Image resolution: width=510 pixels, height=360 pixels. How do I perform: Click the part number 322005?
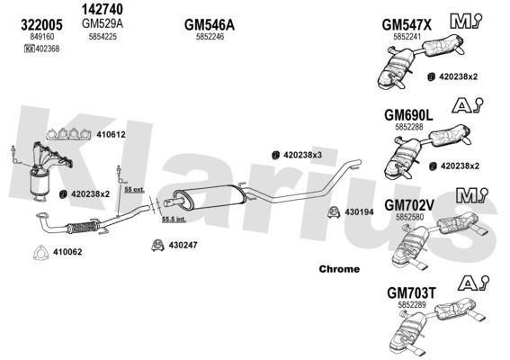(41, 25)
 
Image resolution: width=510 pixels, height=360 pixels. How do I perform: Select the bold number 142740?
(103, 9)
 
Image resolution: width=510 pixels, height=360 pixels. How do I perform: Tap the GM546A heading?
(210, 25)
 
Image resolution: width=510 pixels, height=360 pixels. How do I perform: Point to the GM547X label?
(407, 25)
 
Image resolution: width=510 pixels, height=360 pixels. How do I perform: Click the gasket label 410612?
(111, 134)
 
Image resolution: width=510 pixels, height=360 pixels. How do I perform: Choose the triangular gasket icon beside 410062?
(41, 253)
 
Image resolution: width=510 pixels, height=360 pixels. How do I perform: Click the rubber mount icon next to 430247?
(157, 246)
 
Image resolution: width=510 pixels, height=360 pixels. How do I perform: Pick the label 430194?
(359, 212)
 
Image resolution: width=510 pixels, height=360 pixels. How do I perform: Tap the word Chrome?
(339, 269)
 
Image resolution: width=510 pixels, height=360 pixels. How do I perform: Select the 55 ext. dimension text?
(134, 189)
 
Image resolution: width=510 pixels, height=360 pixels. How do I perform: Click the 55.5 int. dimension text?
(174, 220)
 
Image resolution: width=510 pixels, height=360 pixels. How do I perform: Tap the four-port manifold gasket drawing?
(68, 134)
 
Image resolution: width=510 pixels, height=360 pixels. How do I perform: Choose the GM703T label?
(411, 292)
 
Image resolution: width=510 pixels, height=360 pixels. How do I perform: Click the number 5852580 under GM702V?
(409, 217)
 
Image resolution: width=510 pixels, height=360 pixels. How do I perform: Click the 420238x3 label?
(302, 155)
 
